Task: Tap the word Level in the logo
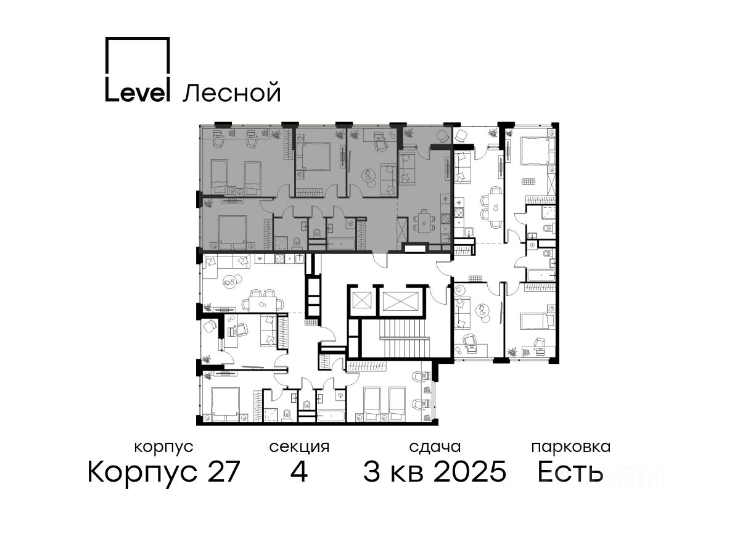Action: (x=137, y=89)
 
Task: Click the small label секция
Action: (x=299, y=447)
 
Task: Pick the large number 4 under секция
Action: (x=298, y=471)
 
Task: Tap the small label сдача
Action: (x=435, y=446)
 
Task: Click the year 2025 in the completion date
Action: (x=470, y=471)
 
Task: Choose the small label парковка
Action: (x=571, y=447)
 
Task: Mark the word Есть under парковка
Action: (x=570, y=471)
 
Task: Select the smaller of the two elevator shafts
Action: (x=362, y=300)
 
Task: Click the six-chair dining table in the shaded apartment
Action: (x=424, y=221)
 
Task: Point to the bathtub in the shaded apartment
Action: (x=340, y=244)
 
